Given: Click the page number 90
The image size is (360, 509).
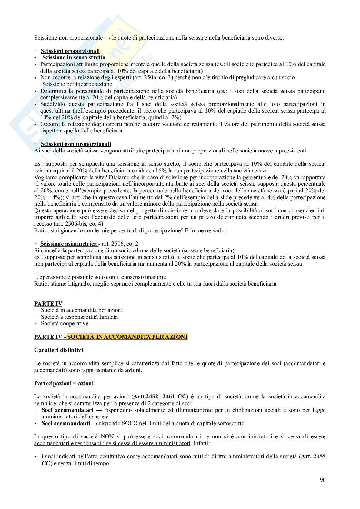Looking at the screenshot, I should tap(323, 480).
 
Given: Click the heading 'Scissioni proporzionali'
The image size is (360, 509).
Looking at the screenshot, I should tap(70, 51).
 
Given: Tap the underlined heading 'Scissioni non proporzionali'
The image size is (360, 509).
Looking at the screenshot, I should tap(76, 144).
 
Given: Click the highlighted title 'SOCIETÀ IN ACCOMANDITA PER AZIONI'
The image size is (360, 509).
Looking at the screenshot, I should tap(127, 337).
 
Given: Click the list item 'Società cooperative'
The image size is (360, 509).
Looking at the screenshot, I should tap(65, 323).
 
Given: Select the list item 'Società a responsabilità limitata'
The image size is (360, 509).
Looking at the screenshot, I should tap(79, 317).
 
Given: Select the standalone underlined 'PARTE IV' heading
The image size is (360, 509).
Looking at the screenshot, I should tap(48, 304).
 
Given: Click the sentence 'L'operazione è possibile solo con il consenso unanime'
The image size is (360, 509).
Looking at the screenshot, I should tap(100, 277).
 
